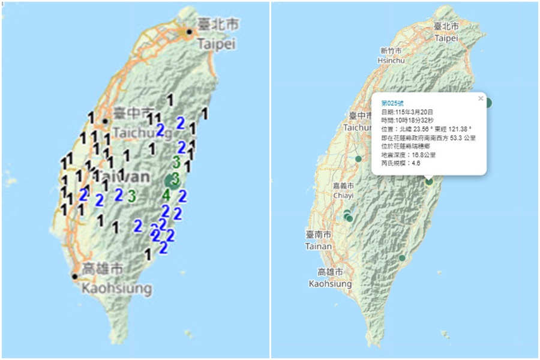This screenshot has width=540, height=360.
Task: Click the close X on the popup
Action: coord(480,98)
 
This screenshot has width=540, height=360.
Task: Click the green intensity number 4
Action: coord(166,194)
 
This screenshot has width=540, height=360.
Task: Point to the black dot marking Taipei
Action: coord(190,32)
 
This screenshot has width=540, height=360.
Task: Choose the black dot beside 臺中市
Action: coord(105,121)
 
